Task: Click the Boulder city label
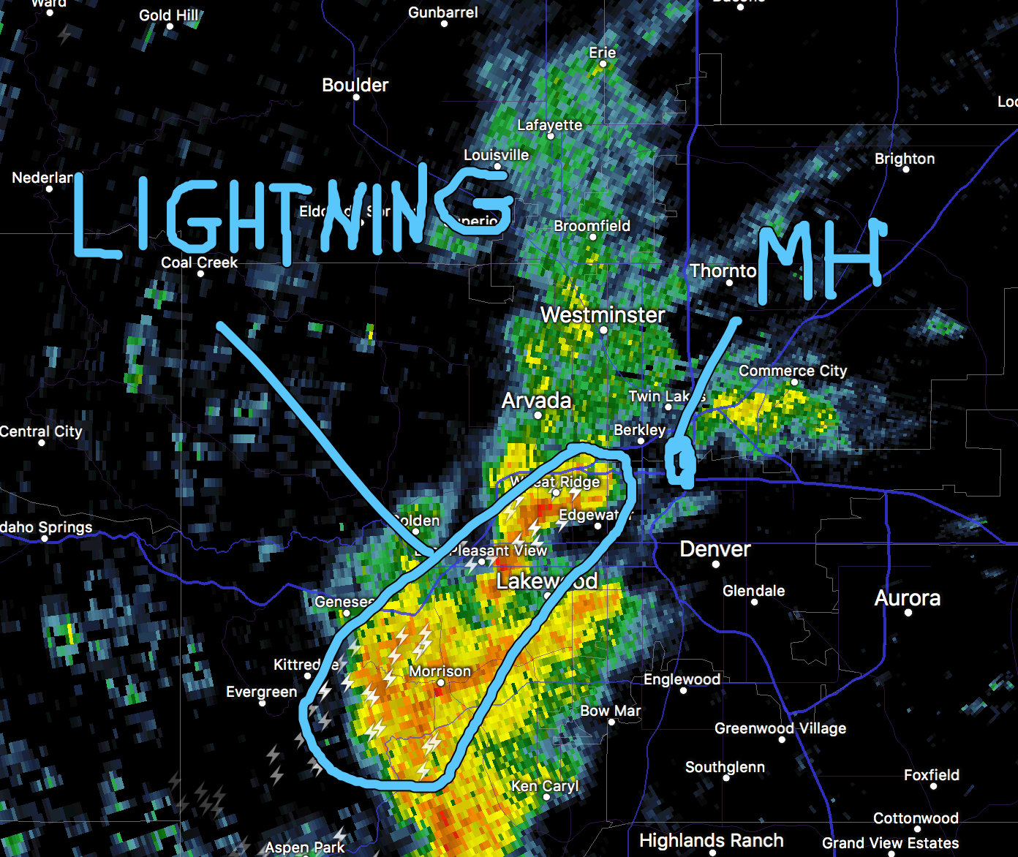point(355,85)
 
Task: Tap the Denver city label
point(715,549)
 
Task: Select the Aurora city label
point(907,598)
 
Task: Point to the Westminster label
point(603,315)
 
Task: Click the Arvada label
point(536,401)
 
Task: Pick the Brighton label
point(904,159)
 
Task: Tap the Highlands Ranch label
point(711,841)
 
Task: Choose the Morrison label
point(440,671)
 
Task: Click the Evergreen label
point(261,692)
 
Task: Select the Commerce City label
point(792,371)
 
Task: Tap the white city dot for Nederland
point(49,189)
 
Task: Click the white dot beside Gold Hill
point(170,26)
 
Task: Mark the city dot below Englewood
point(683,690)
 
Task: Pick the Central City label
point(41,431)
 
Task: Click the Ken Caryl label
point(545,786)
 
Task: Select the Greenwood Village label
point(780,728)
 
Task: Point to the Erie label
point(602,53)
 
